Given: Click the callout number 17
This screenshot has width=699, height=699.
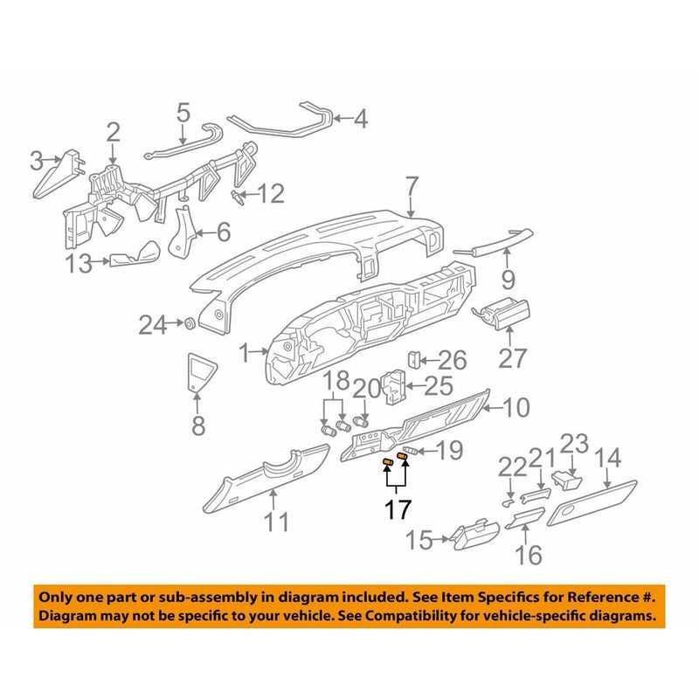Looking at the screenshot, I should pos(398,509).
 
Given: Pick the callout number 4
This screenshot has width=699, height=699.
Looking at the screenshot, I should pos(360,118).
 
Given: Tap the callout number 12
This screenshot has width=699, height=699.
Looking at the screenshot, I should pos(271,193).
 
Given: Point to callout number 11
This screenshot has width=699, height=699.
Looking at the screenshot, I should pos(276,523).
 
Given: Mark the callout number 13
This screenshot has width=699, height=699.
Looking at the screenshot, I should pos(80,263).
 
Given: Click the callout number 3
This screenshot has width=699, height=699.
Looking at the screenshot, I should pos(37,161).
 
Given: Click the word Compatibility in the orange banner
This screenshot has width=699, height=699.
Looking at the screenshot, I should pos(467,616).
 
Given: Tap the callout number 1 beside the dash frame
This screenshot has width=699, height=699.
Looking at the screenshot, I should pos(247,354).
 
